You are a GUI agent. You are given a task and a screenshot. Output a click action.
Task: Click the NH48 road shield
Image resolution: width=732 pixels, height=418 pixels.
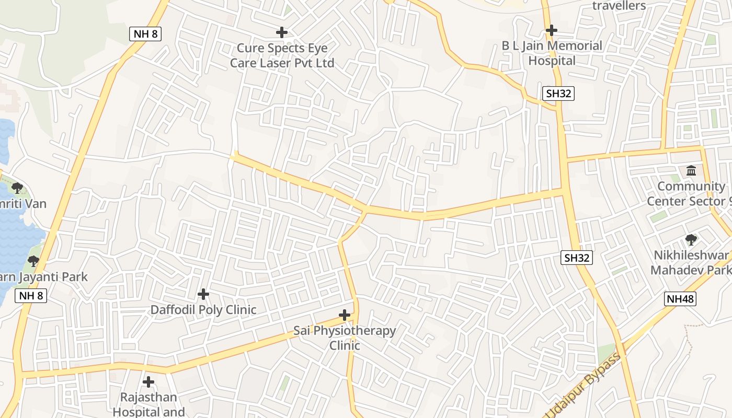tap(680, 299)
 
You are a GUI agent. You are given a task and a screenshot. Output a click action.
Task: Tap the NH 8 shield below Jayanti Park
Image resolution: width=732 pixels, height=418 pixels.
tap(31, 295)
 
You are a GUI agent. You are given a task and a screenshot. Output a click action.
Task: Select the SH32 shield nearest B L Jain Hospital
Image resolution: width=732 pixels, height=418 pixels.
tap(558, 94)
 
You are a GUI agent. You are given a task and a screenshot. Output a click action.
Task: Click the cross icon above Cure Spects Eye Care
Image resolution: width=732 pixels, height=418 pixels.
tap(282, 32)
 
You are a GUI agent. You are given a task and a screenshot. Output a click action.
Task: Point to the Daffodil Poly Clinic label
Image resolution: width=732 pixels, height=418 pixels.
tap(203, 310)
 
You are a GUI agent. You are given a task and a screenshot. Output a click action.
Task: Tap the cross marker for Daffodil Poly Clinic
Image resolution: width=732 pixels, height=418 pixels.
tap(203, 295)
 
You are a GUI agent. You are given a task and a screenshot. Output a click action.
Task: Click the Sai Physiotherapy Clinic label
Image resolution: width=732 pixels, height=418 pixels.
tap(345, 338)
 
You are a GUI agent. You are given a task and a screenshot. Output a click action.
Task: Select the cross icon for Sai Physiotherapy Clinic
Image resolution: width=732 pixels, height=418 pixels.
tap(345, 315)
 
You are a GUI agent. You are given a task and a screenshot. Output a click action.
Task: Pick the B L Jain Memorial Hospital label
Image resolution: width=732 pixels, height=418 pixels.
tap(552, 53)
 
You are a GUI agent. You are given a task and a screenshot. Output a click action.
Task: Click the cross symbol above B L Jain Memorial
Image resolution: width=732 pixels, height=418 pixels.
tap(552, 30)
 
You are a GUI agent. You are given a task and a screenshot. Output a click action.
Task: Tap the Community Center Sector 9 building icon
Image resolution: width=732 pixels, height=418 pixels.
tap(691, 170)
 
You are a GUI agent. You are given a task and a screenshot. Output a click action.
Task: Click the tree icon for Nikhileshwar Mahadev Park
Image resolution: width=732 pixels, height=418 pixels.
tap(691, 240)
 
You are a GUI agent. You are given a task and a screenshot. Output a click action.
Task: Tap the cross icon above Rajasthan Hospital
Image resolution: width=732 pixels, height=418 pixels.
tap(148, 382)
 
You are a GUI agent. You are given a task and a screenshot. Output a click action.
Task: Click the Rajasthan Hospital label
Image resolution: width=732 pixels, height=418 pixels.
tap(148, 404)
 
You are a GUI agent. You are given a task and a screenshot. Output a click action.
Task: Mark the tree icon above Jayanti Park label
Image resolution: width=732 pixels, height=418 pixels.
tap(33, 260)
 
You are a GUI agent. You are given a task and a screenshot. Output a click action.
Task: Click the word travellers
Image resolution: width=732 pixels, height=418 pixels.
tap(619, 6)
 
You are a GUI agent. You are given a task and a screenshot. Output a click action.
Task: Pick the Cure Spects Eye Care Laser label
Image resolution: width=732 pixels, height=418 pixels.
tap(282, 55)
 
